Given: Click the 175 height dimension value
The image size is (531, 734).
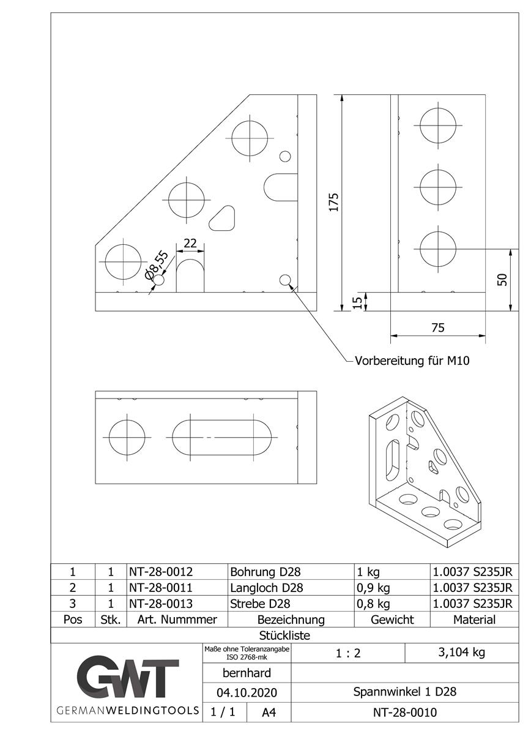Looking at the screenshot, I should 333,202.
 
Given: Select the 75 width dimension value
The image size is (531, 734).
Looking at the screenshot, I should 437,328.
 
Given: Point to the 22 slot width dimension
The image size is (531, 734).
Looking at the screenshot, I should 190,243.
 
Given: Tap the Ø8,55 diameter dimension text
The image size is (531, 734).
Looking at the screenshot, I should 155,265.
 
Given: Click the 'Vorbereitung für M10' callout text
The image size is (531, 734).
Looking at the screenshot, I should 412,361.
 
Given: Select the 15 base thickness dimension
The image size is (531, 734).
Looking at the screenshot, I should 357,301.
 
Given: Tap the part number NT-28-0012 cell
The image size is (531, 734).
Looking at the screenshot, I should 161,572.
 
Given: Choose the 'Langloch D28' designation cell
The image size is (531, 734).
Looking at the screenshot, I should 267,588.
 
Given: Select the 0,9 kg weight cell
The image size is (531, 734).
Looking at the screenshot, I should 373,588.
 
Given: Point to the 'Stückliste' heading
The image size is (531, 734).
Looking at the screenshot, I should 284,635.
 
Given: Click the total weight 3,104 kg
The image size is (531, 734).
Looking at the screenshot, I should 461,652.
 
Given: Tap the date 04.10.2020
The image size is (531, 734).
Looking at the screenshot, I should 246,692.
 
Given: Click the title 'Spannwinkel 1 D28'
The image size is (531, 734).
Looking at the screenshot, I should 404,692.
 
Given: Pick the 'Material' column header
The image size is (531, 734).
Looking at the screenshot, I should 474,620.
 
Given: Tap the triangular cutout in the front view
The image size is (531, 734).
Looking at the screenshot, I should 223,219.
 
